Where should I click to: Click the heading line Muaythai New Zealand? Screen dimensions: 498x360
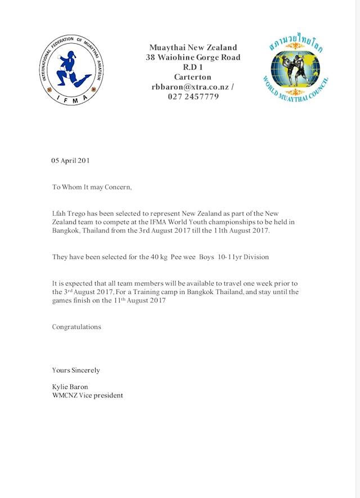[193, 48]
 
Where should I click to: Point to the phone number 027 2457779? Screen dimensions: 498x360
[193, 97]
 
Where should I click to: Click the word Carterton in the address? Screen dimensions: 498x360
[193, 77]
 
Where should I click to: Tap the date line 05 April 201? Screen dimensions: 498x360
[71, 160]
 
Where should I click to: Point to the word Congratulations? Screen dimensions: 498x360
[76, 327]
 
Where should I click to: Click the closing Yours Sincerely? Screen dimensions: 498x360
[76, 370]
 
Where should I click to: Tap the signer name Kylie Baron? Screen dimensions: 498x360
[70, 387]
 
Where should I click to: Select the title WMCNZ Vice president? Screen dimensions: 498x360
[87, 395]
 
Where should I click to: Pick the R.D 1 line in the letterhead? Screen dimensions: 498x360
[193, 67]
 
